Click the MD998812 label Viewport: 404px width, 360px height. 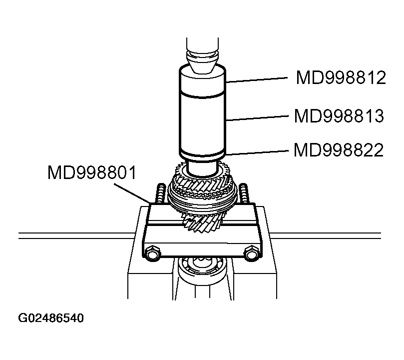(341, 78)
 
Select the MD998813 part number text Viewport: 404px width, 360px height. (339, 116)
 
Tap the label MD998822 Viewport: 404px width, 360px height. (339, 149)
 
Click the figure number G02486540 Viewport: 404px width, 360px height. (50, 318)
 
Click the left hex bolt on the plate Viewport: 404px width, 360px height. (152, 254)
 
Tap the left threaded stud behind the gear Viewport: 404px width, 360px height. (161, 193)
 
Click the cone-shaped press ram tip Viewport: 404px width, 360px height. (203, 62)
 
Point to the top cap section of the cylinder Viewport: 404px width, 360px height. (203, 81)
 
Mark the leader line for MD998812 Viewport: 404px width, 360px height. (257, 79)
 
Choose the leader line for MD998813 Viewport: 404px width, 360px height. (257, 118)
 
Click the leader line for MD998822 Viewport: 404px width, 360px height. (257, 151)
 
